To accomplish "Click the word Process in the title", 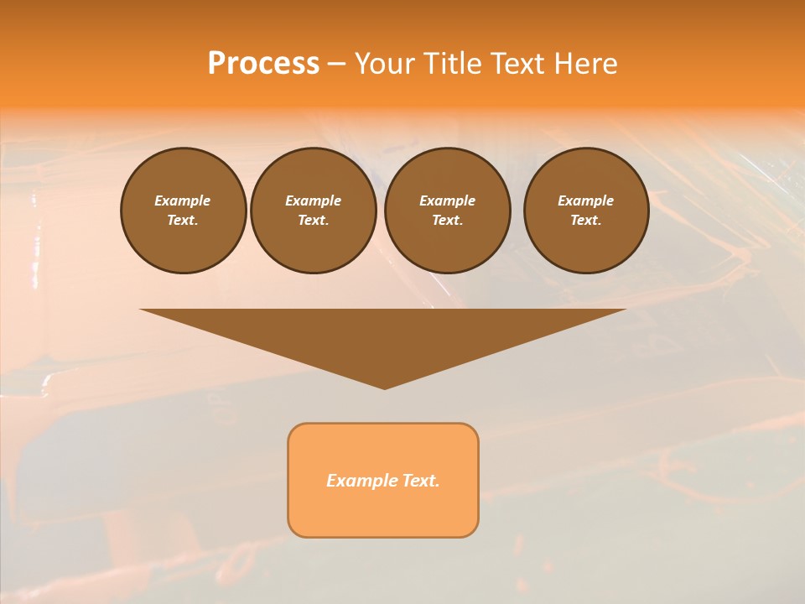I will coord(263,64).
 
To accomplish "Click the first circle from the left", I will coord(183,210).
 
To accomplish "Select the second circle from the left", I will coord(313,210).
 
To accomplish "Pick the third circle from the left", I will coord(447,210).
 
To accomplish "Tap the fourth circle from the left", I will coord(586,210).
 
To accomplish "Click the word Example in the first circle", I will coord(183,200).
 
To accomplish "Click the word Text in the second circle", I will coord(313,221).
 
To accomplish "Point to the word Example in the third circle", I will coord(447,200).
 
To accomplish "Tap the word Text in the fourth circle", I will coord(585,221).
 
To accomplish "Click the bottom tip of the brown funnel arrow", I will coord(384,388).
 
